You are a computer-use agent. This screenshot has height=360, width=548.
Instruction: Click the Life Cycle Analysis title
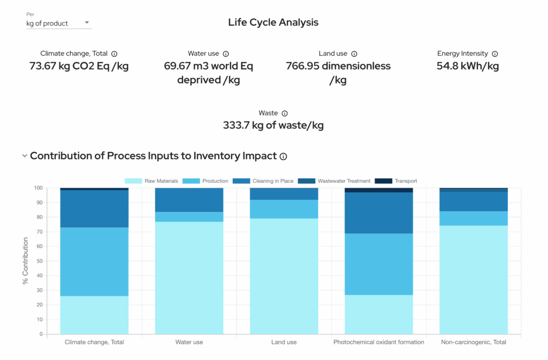point(273,22)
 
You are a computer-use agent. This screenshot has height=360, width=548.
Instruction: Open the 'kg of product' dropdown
point(59,24)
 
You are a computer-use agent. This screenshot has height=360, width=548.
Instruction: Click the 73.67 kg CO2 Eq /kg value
point(79,66)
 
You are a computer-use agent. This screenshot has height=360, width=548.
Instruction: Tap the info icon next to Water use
point(226,54)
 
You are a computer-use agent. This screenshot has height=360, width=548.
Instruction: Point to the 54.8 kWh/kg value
point(467,66)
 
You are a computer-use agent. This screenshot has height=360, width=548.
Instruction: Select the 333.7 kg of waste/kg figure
point(273,126)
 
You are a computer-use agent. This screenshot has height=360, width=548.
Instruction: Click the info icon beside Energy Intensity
point(495,54)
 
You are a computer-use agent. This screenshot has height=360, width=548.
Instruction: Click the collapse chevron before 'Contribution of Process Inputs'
point(24,156)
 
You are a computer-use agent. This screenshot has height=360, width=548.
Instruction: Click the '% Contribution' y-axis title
point(25,261)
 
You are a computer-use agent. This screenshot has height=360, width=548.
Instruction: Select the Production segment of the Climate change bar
point(94,262)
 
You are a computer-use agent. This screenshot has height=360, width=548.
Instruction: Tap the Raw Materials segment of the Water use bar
point(189,278)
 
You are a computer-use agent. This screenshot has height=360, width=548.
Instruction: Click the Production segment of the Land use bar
point(284,209)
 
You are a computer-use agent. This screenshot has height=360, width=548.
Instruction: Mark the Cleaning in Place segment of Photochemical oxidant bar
point(378,213)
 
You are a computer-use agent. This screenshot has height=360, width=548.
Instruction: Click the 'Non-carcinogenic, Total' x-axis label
point(473,342)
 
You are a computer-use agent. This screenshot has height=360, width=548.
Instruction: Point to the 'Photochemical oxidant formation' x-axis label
point(378,342)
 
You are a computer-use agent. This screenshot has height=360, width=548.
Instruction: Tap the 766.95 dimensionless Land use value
point(338,73)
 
